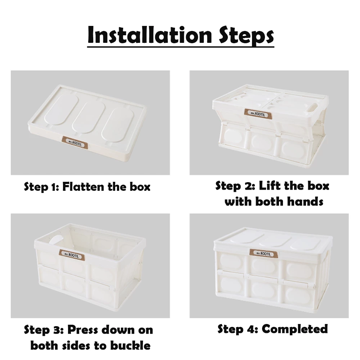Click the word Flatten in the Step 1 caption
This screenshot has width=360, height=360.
(x=86, y=187)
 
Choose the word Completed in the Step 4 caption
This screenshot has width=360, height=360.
(x=294, y=329)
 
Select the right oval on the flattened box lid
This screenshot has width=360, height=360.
(x=117, y=124)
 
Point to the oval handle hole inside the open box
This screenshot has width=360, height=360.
(x=55, y=242)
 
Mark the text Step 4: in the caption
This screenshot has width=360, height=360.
(x=238, y=329)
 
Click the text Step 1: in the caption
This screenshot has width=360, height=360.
(x=41, y=187)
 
